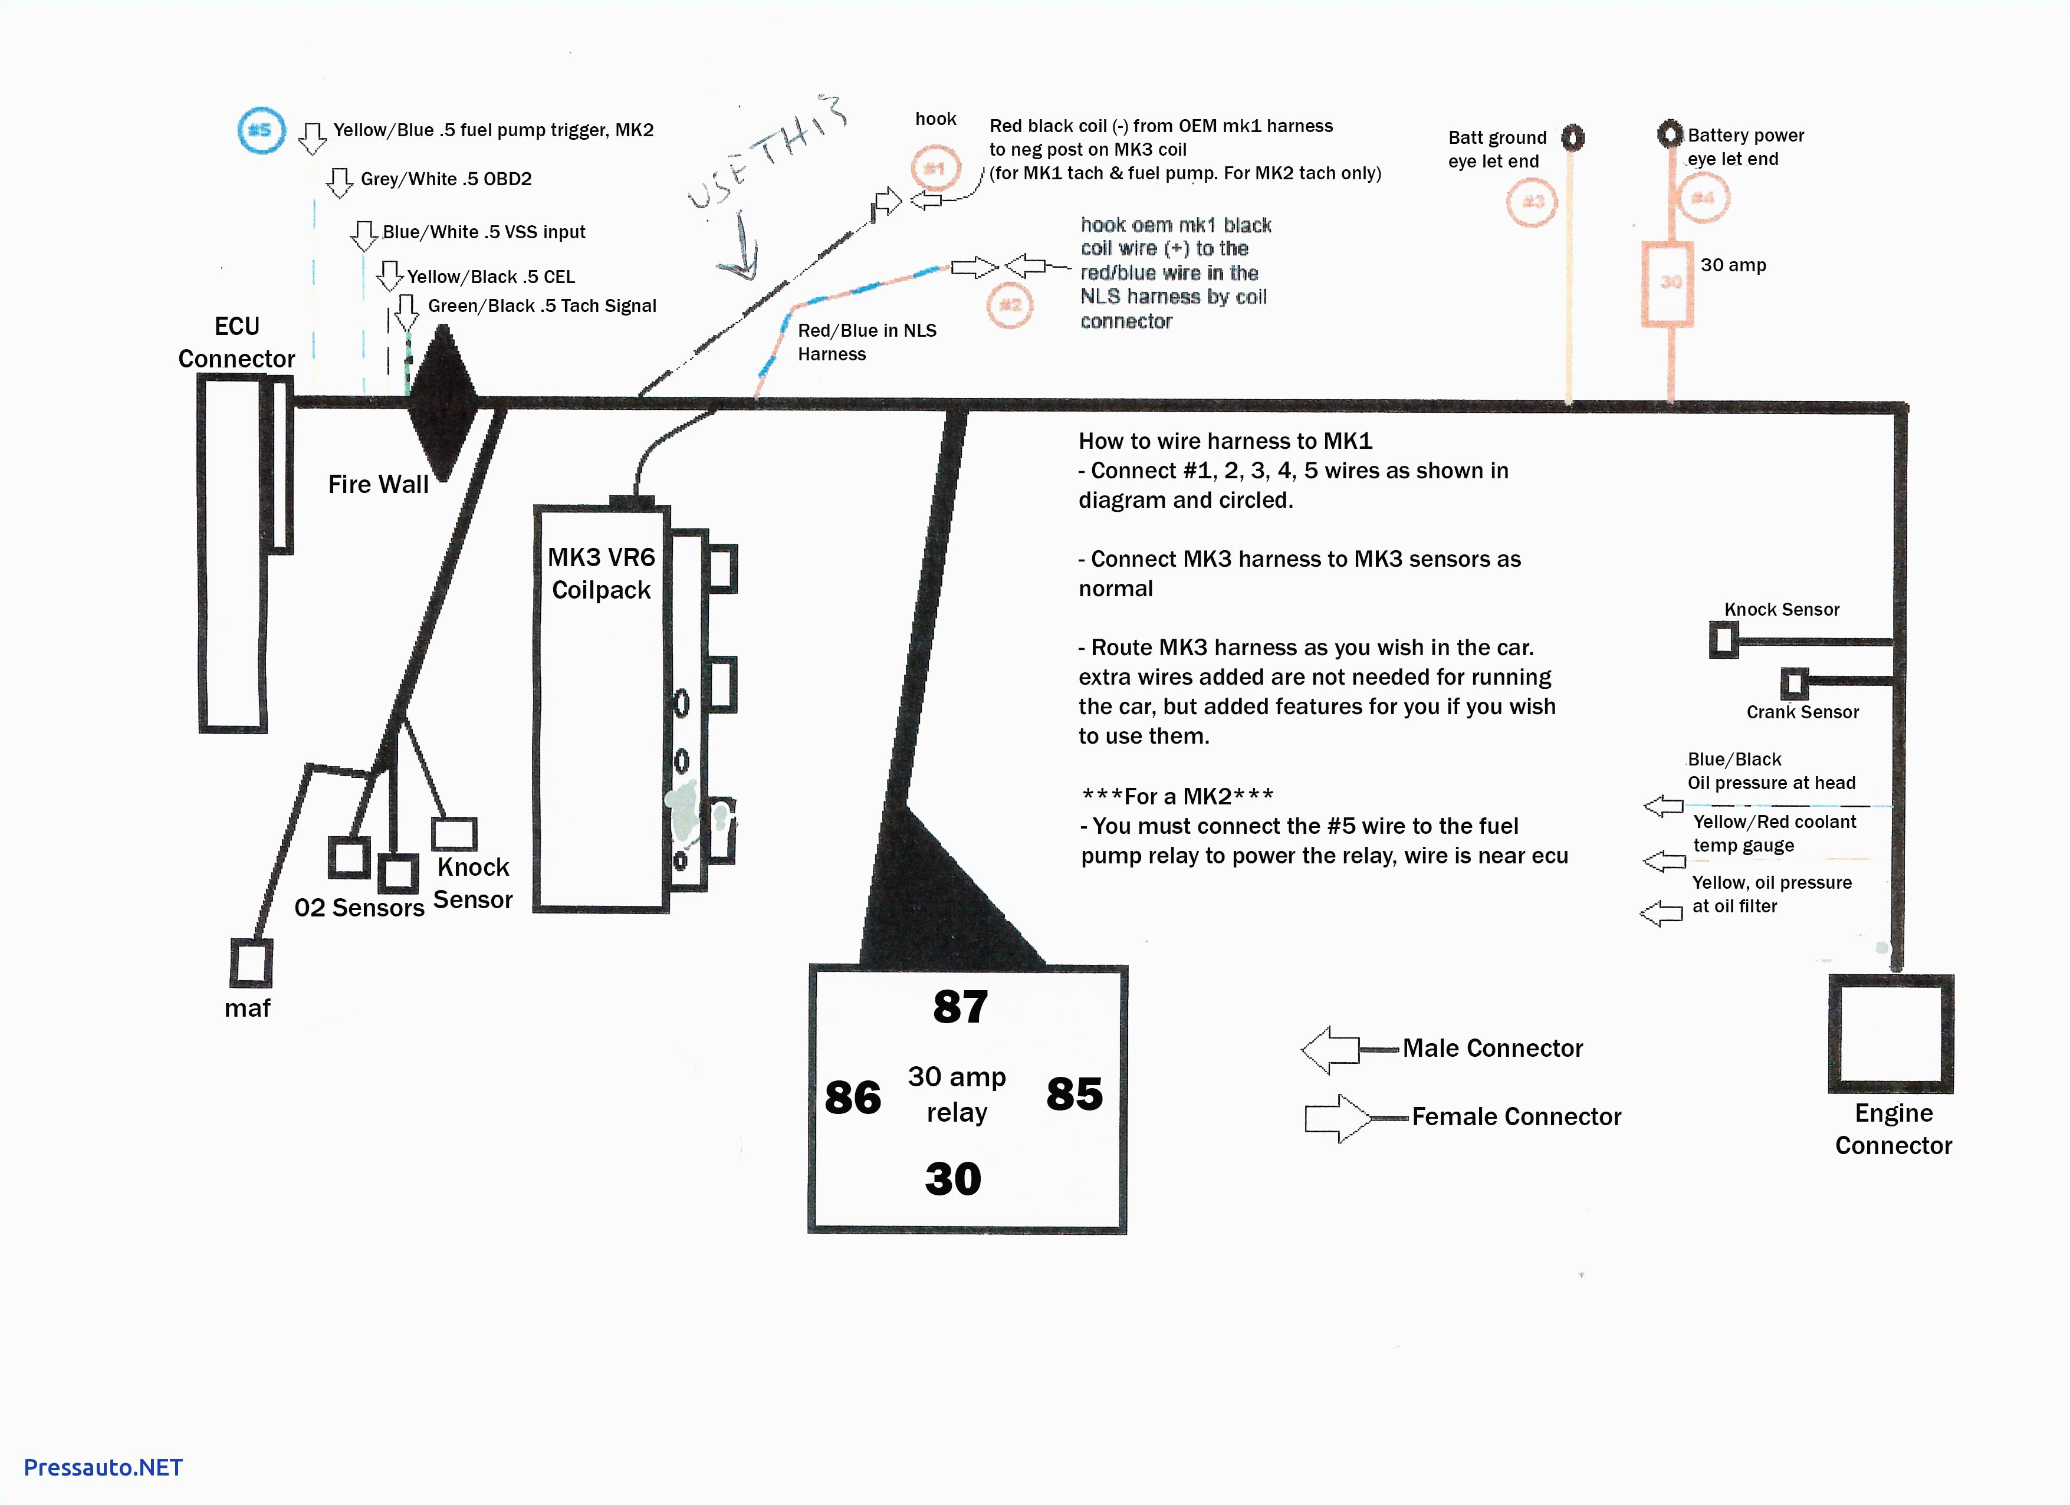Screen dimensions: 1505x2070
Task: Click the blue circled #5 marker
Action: (x=261, y=130)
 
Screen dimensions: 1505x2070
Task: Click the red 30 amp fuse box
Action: (x=1668, y=283)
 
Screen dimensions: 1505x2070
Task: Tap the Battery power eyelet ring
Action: (x=1670, y=134)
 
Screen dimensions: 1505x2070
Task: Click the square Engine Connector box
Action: (x=1890, y=1034)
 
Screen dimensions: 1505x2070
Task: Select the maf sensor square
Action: (x=251, y=963)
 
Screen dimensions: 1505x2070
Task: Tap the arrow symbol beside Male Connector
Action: (x=1330, y=1050)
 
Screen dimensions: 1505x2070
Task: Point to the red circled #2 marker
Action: (x=1010, y=305)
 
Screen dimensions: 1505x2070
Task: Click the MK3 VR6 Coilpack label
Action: (x=600, y=573)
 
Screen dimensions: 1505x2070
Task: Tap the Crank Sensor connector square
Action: (x=1793, y=684)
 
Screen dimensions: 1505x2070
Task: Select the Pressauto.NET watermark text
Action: (x=103, y=1468)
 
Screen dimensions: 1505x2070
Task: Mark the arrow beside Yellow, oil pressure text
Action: (x=1661, y=913)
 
